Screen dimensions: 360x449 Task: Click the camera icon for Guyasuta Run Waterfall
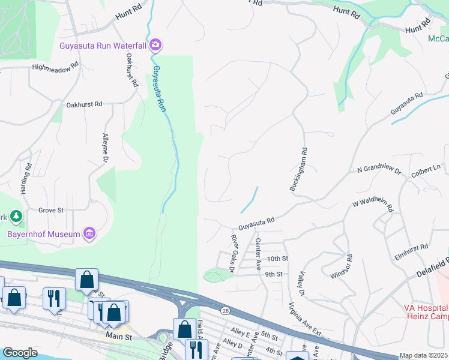155,44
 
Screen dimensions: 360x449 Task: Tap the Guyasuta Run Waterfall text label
103,45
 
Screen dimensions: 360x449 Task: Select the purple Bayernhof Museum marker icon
89,233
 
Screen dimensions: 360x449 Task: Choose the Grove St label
51,211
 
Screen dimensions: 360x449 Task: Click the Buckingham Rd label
299,170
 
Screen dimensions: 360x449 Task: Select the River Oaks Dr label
234,250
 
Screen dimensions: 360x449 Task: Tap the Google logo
20,353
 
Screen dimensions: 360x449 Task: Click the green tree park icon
17,215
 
